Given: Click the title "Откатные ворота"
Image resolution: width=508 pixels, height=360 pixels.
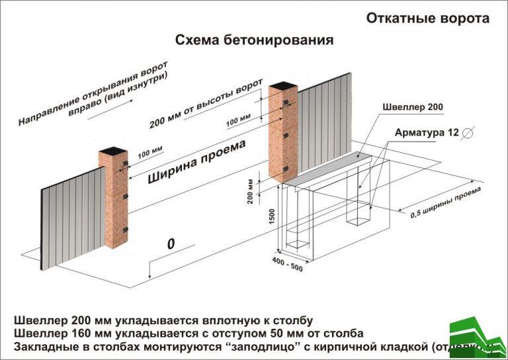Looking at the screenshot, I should tap(428, 19).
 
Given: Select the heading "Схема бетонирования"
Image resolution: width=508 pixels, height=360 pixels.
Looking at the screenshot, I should tap(254, 40).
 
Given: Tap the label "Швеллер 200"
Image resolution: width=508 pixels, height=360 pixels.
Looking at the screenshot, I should tap(414, 107).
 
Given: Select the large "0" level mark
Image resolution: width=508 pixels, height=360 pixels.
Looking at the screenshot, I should tap(171, 244).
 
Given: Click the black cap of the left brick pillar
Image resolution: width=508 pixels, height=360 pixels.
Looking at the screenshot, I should tap(113, 153).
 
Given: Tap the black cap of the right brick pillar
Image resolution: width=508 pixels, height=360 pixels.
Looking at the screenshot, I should tap(283, 85).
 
